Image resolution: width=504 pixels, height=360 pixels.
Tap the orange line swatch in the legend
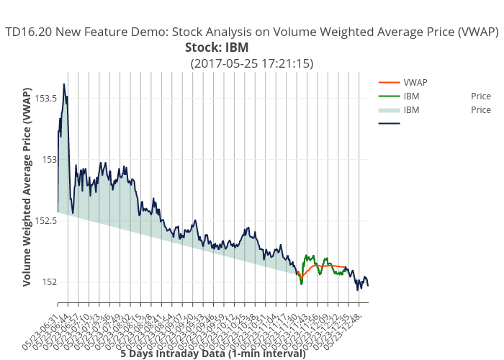(388, 83)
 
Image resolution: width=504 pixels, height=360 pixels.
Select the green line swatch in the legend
(388, 96)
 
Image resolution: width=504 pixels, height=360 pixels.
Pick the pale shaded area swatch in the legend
(388, 110)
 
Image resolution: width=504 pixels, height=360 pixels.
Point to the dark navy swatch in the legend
(388, 123)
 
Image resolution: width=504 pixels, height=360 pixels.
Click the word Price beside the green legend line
(481, 96)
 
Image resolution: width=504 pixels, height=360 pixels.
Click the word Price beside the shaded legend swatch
(481, 110)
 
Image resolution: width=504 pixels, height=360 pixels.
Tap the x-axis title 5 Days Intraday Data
(212, 354)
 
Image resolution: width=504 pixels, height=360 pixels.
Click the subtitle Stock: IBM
(217, 48)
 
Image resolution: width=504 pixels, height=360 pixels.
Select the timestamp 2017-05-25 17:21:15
(251, 63)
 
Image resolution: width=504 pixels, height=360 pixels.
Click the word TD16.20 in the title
(27, 32)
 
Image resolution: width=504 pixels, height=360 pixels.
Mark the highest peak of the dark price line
(63, 84)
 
